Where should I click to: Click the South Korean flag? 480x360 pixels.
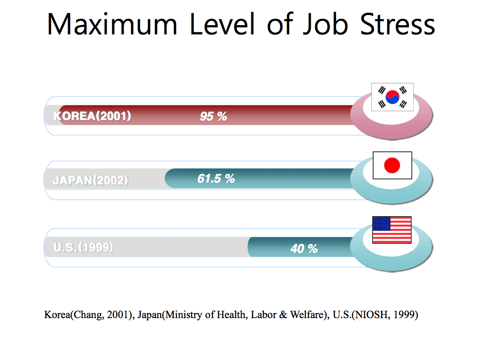pyautogui.click(x=393, y=97)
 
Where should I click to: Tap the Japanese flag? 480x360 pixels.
pyautogui.click(x=393, y=165)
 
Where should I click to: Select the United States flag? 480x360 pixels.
pyautogui.click(x=392, y=230)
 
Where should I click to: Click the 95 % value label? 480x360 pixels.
pyautogui.click(x=213, y=116)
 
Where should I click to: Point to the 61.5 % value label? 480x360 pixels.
pyautogui.click(x=216, y=179)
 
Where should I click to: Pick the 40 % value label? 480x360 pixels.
pyautogui.click(x=304, y=249)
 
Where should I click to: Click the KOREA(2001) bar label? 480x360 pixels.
pyautogui.click(x=92, y=116)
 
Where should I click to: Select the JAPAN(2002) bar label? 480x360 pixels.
pyautogui.click(x=91, y=180)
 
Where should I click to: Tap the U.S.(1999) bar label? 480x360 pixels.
pyautogui.click(x=83, y=247)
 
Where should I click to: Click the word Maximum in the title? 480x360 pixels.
pyautogui.click(x=112, y=24)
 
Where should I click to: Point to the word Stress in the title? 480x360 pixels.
pyautogui.click(x=397, y=24)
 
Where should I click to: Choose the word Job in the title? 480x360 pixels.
pyautogui.click(x=325, y=24)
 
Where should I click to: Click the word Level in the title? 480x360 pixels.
pyautogui.click(x=222, y=24)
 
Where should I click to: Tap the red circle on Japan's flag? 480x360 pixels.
pyautogui.click(x=392, y=165)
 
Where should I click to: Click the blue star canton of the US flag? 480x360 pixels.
pyautogui.click(x=382, y=224)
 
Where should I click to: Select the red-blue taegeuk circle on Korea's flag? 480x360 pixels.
pyautogui.click(x=393, y=97)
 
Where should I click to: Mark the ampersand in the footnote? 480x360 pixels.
pyautogui.click(x=283, y=315)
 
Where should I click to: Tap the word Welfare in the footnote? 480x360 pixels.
pyautogui.click(x=307, y=315)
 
